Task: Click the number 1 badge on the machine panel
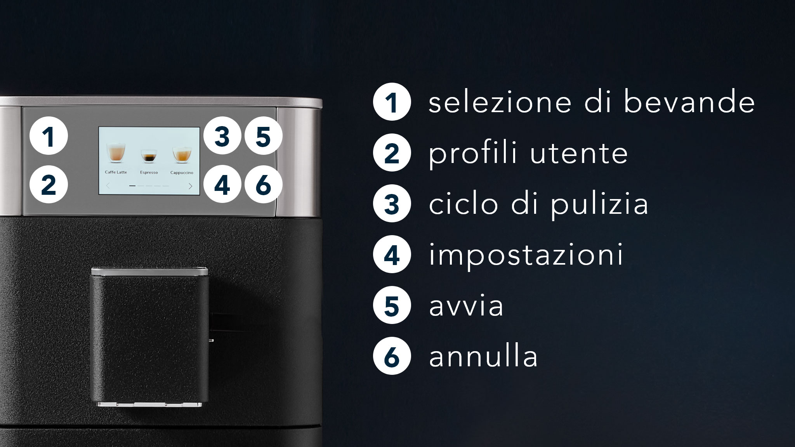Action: (49, 136)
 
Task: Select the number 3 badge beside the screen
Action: (222, 136)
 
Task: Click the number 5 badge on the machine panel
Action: (263, 136)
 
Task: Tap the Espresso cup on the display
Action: (149, 156)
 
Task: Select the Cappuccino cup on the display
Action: (182, 154)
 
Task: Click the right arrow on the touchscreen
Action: (191, 186)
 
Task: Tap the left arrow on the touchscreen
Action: (108, 186)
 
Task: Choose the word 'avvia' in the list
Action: (466, 306)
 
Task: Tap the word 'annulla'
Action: (483, 357)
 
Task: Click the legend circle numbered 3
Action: (392, 204)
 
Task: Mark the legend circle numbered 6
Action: (392, 356)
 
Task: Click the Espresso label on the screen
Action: (149, 173)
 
